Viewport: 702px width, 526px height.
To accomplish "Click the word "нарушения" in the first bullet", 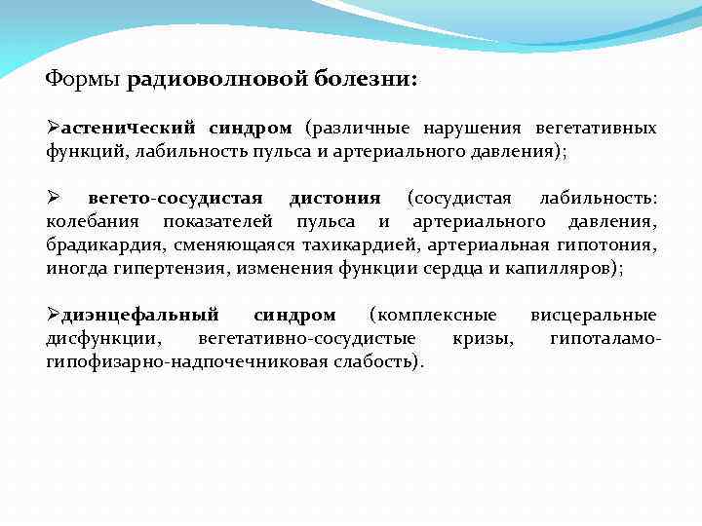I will point(472,129).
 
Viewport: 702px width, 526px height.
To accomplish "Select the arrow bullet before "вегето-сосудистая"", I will point(55,199).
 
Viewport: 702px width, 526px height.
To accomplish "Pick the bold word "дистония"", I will point(334,199).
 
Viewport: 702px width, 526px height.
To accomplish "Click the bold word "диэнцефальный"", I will point(140,316).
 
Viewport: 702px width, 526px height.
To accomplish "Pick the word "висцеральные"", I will point(593,316).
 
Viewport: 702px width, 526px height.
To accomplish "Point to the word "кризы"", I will point(479,339).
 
